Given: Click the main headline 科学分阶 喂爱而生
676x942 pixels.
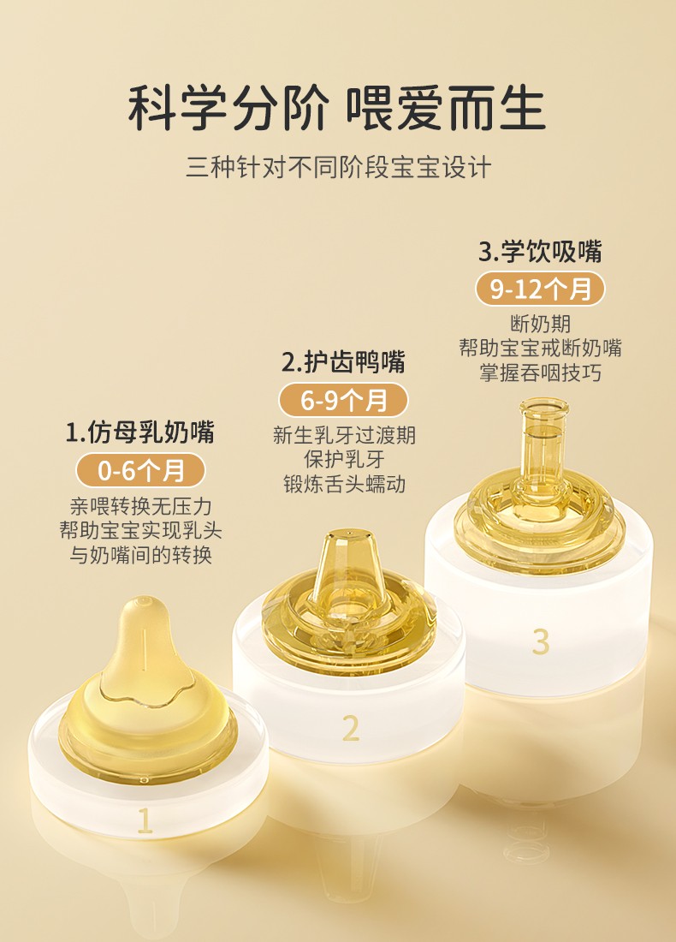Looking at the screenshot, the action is (x=337, y=108).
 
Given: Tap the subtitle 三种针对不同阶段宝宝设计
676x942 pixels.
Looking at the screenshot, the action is (x=339, y=167).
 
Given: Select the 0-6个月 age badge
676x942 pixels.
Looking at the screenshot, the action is (x=140, y=470).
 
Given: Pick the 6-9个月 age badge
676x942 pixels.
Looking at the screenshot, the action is (x=343, y=401).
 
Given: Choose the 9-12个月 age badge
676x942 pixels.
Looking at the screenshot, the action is (x=540, y=289).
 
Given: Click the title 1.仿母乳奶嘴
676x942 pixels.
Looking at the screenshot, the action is (x=140, y=432).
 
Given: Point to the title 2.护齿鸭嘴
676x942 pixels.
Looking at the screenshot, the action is (x=343, y=362).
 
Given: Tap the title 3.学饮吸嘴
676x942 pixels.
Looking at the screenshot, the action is (x=540, y=252).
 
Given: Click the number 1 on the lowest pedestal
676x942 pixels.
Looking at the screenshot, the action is (x=145, y=820).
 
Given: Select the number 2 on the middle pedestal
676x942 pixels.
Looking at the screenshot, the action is (x=351, y=728).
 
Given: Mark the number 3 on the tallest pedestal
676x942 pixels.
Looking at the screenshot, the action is (x=540, y=641).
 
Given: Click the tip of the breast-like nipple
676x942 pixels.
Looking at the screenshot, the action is (x=144, y=601).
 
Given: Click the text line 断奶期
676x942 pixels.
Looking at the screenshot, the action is (x=540, y=325).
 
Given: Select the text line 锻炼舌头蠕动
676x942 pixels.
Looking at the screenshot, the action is (x=344, y=484).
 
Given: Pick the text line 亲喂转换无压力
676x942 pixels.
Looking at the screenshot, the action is (x=140, y=506).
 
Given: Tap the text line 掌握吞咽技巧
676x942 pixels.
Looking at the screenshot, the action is (x=540, y=373).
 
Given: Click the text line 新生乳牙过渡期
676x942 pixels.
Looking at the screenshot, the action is (x=344, y=435).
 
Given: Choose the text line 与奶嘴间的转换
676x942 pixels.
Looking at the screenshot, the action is (x=140, y=555).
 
